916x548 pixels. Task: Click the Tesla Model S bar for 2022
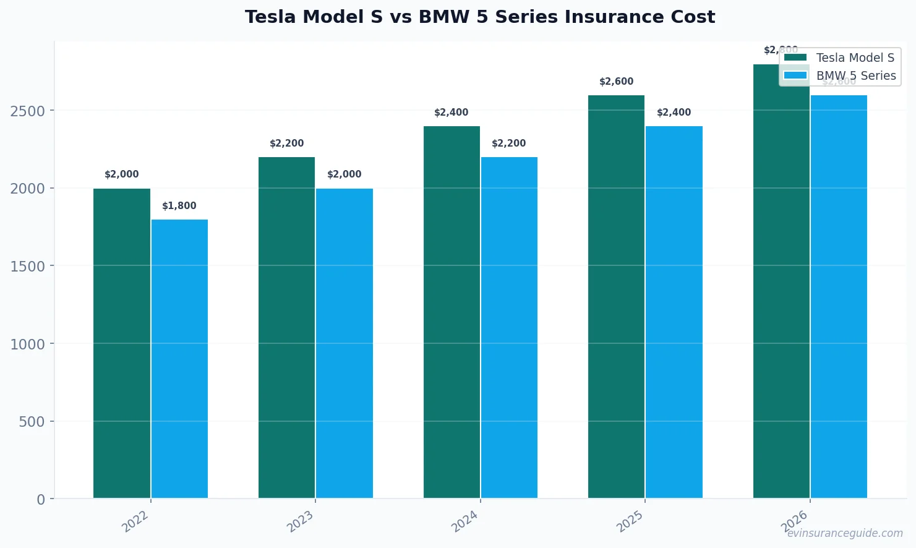[122, 343]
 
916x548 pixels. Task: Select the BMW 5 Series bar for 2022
[179, 359]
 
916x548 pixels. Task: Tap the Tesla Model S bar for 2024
[452, 312]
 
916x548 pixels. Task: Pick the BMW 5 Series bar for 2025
[674, 312]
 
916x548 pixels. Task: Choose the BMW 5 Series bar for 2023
[345, 343]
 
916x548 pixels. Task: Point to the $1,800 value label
[179, 206]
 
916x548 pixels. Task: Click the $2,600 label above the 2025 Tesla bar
[616, 82]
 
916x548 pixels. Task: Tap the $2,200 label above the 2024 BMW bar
[508, 143]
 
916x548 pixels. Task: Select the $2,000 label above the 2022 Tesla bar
[122, 174]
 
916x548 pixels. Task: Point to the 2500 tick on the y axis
[28, 111]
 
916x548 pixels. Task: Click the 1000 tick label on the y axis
[28, 345]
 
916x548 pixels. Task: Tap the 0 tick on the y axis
[41, 500]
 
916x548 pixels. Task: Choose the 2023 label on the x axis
[301, 521]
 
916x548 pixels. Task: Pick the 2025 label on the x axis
[631, 521]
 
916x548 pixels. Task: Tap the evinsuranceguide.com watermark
[845, 533]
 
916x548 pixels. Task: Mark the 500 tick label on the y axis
[32, 422]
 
